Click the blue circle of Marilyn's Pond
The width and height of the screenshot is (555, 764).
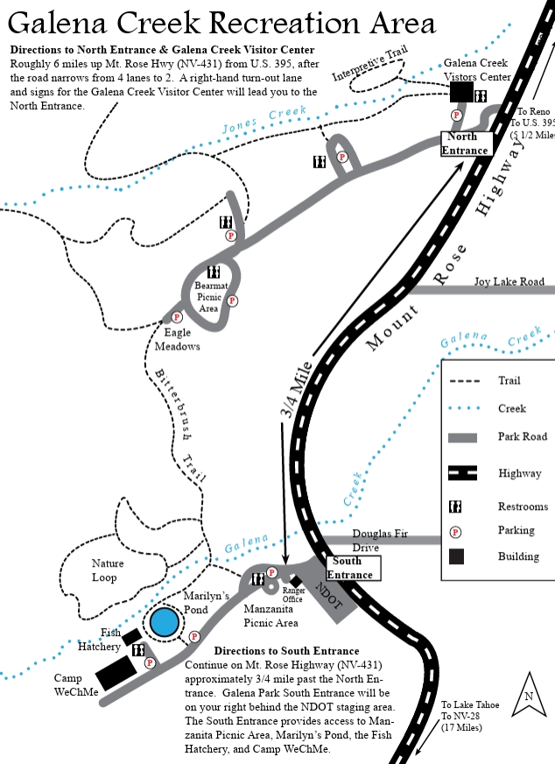click(x=164, y=622)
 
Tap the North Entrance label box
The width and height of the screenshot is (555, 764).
click(x=467, y=144)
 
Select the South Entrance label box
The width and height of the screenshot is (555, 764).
click(x=353, y=568)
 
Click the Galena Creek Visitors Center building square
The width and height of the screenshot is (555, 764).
click(x=461, y=92)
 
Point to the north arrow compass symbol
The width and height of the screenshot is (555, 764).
click(x=529, y=694)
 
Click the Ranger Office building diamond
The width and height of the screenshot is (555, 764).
click(x=296, y=581)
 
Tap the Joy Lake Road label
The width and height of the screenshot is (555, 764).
click(x=509, y=281)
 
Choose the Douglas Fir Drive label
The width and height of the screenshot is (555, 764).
click(x=380, y=541)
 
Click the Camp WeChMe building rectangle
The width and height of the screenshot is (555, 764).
click(x=116, y=672)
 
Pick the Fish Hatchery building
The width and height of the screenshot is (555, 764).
click(x=131, y=637)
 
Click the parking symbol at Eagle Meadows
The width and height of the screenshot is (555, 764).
click(x=176, y=317)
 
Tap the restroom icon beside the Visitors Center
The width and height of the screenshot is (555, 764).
click(x=481, y=96)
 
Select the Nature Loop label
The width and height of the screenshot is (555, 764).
click(x=107, y=570)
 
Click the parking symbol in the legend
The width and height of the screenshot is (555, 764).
click(x=455, y=532)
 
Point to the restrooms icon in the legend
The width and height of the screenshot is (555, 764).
click(x=455, y=506)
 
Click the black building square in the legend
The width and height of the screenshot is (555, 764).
click(x=456, y=556)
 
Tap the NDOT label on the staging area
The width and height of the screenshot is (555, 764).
click(x=329, y=595)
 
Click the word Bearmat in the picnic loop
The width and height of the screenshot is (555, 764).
click(x=211, y=286)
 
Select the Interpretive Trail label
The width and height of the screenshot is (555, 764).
click(x=370, y=64)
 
